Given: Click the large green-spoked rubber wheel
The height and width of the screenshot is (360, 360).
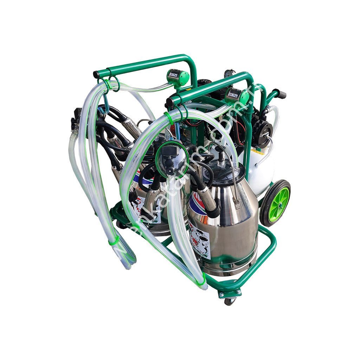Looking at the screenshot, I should (275, 203).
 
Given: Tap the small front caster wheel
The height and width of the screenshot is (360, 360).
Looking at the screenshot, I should (229, 301).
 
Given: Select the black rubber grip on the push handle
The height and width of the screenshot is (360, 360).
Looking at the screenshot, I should (280, 94).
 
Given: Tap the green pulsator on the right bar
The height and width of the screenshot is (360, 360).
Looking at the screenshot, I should (237, 95).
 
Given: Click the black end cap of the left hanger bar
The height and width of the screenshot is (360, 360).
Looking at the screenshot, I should (96, 75).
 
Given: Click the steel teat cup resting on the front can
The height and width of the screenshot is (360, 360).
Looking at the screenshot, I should (207, 202).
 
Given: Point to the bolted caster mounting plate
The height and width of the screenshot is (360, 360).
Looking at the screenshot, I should (229, 292).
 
